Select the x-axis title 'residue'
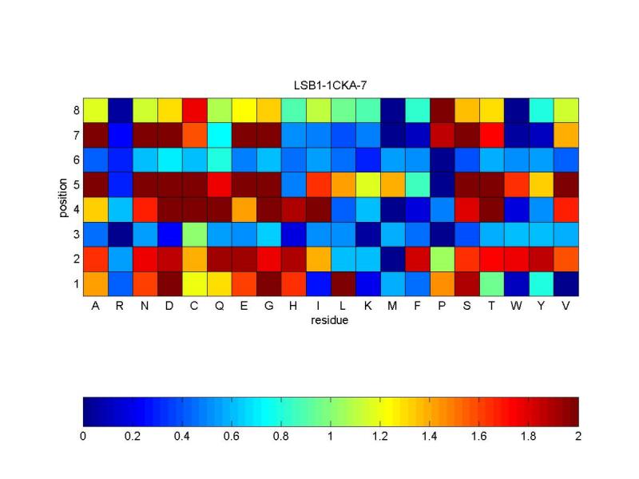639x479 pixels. pyautogui.click(x=331, y=321)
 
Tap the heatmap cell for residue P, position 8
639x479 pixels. pyautogui.click(x=442, y=109)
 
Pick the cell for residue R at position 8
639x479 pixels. pyautogui.click(x=120, y=109)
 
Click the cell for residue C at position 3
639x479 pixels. pyautogui.click(x=194, y=233)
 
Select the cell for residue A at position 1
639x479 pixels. pyautogui.click(x=95, y=283)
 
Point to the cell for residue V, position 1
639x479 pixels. pyautogui.click(x=566, y=283)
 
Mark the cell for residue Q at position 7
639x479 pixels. pyautogui.click(x=219, y=134)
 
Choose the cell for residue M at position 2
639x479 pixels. pyautogui.click(x=392, y=258)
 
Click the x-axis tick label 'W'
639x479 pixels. pyautogui.click(x=516, y=305)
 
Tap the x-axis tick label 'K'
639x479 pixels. pyautogui.click(x=367, y=305)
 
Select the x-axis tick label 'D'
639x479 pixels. pyautogui.click(x=169, y=305)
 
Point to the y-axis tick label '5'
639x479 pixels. pyautogui.click(x=76, y=184)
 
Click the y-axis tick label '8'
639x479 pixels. pyautogui.click(x=76, y=109)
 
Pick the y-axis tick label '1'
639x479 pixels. pyautogui.click(x=76, y=283)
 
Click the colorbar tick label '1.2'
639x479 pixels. pyautogui.click(x=380, y=436)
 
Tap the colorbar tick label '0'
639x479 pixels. pyautogui.click(x=83, y=436)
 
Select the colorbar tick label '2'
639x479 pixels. pyautogui.click(x=577, y=436)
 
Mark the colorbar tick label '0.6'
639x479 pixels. pyautogui.click(x=232, y=436)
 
